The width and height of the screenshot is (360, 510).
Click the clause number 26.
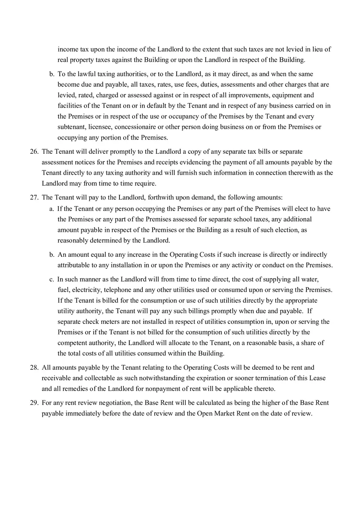[34, 152]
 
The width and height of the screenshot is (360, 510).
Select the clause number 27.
[34, 198]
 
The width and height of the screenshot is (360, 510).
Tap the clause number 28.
[34, 368]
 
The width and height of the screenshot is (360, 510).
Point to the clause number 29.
[34, 403]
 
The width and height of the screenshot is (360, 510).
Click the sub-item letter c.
[52, 279]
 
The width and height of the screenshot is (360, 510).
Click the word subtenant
[71, 127]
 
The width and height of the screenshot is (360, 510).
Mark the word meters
[108, 322]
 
